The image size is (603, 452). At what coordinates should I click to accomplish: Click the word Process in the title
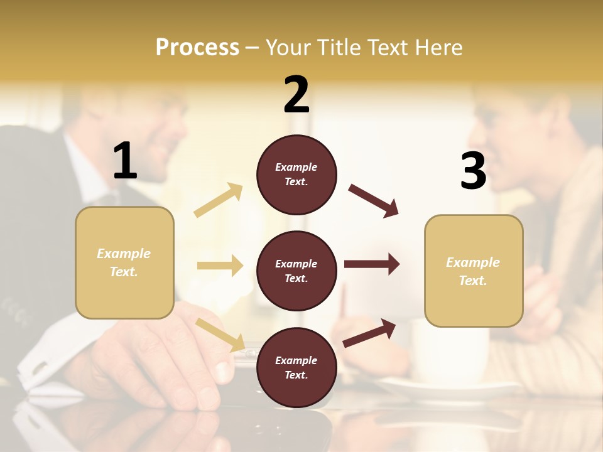[x=197, y=47]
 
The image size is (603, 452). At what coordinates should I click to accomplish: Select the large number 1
[x=125, y=161]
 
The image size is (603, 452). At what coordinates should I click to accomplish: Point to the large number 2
[x=296, y=95]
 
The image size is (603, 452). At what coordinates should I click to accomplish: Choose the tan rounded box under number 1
[x=124, y=262]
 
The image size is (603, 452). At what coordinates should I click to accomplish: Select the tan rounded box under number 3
[x=474, y=271]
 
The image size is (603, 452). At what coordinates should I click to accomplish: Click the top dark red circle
[x=296, y=175]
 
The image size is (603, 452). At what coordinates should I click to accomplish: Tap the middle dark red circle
[x=296, y=271]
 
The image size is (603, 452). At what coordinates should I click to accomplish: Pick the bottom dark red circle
[x=296, y=367]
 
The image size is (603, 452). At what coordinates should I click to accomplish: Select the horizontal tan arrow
[x=220, y=266]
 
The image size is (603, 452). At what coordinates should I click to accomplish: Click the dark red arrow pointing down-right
[x=374, y=200]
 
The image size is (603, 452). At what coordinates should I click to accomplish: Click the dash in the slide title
[x=252, y=48]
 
